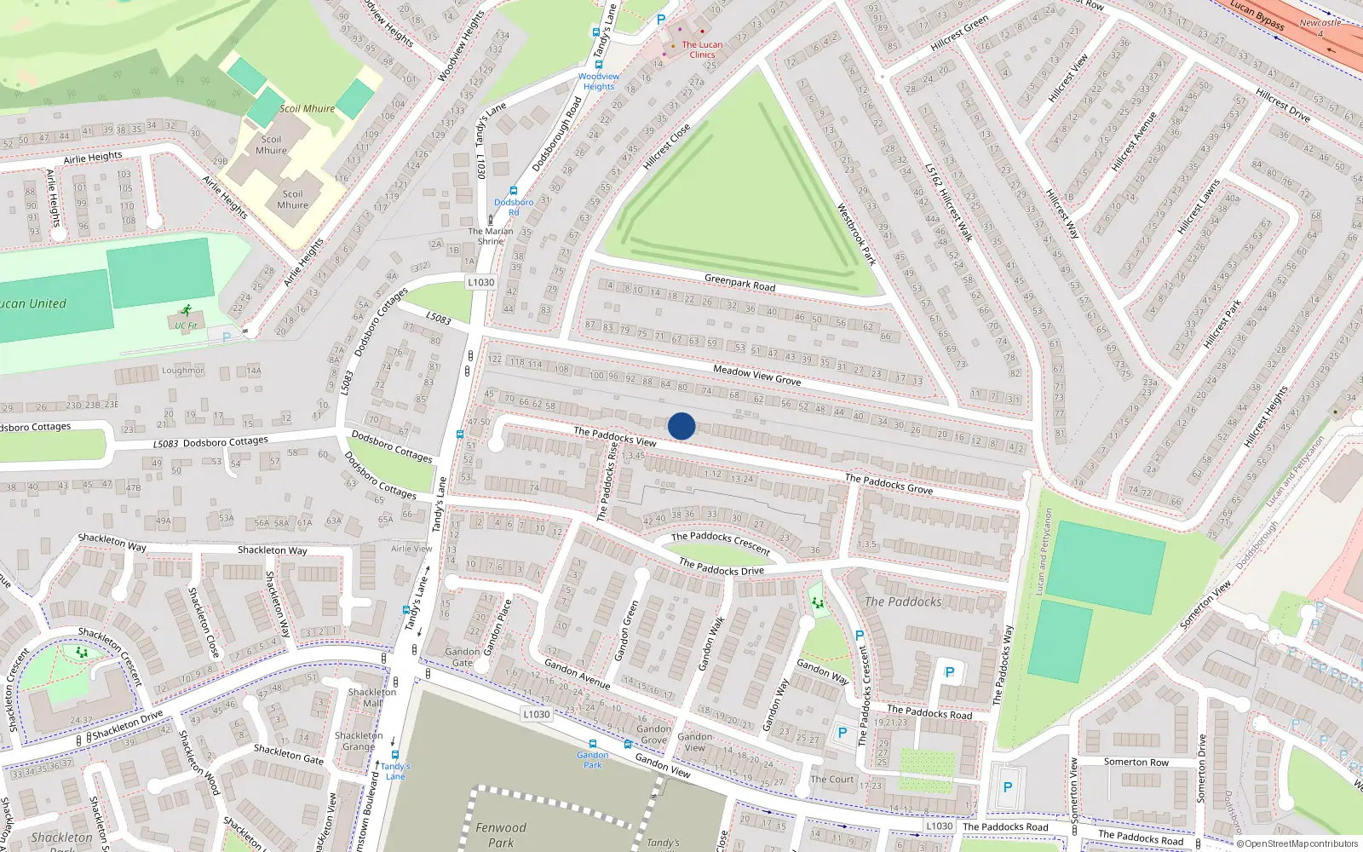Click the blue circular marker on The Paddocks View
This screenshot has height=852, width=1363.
click(x=681, y=426)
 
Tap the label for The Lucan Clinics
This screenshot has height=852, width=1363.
click(x=702, y=49)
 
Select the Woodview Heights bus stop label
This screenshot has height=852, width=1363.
click(x=599, y=81)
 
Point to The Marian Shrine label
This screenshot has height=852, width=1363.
click(x=491, y=236)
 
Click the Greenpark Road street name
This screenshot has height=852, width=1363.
click(x=739, y=282)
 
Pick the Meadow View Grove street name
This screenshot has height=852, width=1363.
click(x=756, y=375)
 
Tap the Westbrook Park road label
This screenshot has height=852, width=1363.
click(x=856, y=233)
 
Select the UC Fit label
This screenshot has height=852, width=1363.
click(x=186, y=325)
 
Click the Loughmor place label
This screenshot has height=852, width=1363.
click(x=183, y=371)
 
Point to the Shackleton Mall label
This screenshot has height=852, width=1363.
click(x=372, y=698)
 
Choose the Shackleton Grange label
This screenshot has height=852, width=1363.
click(x=359, y=741)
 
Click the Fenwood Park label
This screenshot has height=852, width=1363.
click(x=501, y=835)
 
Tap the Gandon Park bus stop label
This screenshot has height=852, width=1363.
click(x=593, y=760)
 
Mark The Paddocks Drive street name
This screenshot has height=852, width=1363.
click(x=722, y=567)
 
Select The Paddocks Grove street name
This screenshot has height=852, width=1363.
click(x=889, y=484)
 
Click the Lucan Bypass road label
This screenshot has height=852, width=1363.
click(x=1257, y=14)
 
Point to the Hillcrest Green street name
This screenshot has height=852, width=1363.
click(x=959, y=32)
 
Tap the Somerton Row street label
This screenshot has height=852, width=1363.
click(x=1136, y=763)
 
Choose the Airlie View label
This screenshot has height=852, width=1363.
click(x=411, y=549)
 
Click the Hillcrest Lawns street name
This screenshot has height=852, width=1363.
click(x=1199, y=207)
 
